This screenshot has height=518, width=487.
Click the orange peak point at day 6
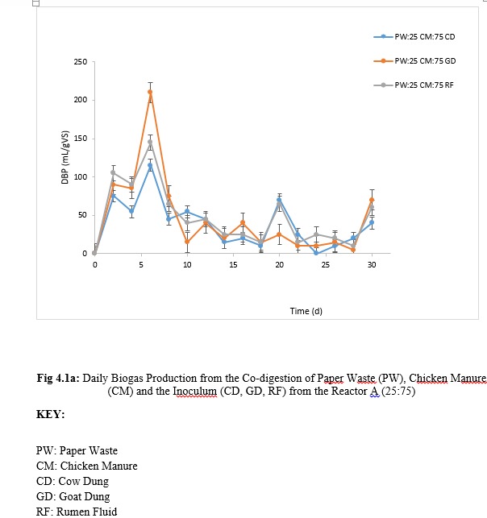click(x=150, y=92)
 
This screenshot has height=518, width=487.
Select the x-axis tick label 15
click(x=233, y=264)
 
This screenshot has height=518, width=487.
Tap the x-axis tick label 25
click(x=325, y=264)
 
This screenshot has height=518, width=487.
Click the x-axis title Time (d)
click(x=306, y=310)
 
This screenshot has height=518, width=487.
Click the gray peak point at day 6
click(x=150, y=143)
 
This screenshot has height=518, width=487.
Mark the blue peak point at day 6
click(x=150, y=165)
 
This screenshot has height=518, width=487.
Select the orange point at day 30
click(x=372, y=200)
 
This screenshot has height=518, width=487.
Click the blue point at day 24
click(x=316, y=253)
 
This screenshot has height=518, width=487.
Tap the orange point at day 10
click(x=187, y=242)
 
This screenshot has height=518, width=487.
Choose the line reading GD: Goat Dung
click(x=73, y=496)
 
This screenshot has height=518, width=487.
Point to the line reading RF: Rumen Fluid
click(x=76, y=512)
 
